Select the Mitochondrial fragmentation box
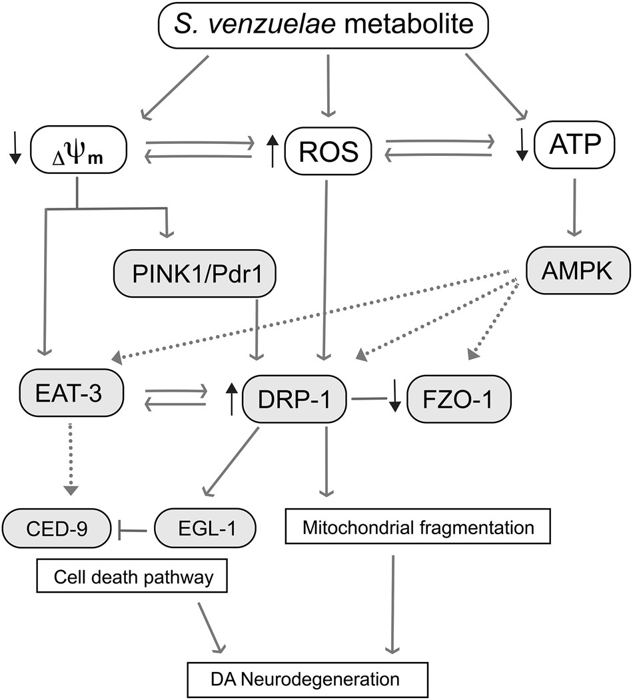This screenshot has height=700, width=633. [x=418, y=528]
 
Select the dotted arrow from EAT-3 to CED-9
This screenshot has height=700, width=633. [x=71, y=466]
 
